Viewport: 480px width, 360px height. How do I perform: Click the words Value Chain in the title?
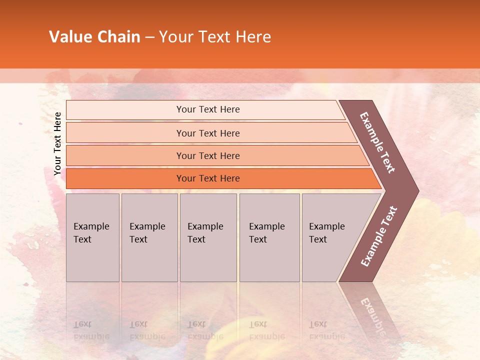click(94, 36)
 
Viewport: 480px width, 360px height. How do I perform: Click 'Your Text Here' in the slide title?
click(215, 36)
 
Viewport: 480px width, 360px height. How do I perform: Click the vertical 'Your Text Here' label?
click(57, 143)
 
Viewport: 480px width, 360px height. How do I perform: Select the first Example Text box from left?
click(92, 237)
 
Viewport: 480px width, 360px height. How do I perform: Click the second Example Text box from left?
click(149, 237)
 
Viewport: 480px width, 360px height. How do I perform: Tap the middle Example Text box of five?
click(208, 237)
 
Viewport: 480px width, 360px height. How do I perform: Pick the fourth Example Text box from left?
click(269, 237)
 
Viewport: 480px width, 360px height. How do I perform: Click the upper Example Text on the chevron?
click(377, 142)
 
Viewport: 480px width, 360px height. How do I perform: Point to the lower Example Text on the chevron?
click(379, 236)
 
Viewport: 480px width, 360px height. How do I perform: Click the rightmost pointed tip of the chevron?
click(417, 191)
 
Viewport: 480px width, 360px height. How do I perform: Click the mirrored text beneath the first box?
click(91, 330)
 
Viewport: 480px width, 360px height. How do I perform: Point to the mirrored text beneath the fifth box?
click(327, 330)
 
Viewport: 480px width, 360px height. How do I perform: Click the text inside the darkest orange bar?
click(208, 178)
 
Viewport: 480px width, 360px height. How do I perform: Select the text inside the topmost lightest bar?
click(208, 109)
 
